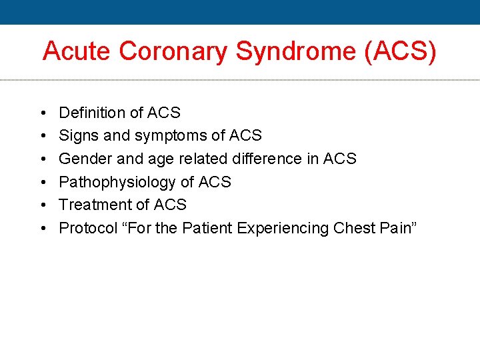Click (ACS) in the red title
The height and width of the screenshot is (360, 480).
(401, 52)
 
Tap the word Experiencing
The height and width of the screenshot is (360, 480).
(290, 229)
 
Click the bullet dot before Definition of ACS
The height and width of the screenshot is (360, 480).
(42, 113)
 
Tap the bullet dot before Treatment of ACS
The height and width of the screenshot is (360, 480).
(42, 205)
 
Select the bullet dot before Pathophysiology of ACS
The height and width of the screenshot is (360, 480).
(42, 183)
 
